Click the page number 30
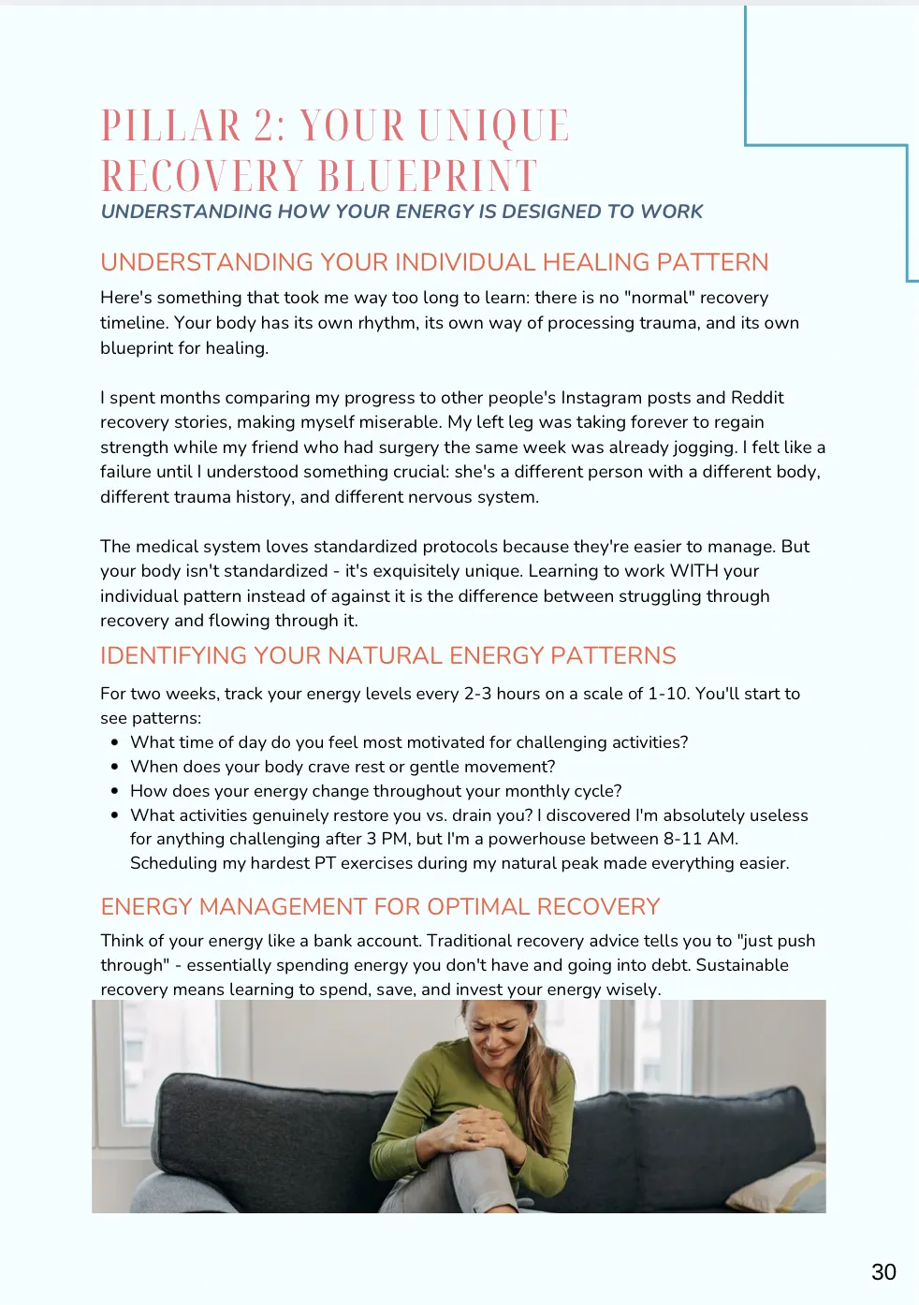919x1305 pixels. tap(883, 1271)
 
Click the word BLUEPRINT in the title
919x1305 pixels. tap(429, 176)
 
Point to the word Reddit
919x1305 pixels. tap(757, 397)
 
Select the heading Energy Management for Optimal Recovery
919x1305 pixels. tap(380, 906)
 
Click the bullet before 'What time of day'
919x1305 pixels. tap(114, 742)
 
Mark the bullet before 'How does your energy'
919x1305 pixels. tap(114, 791)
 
